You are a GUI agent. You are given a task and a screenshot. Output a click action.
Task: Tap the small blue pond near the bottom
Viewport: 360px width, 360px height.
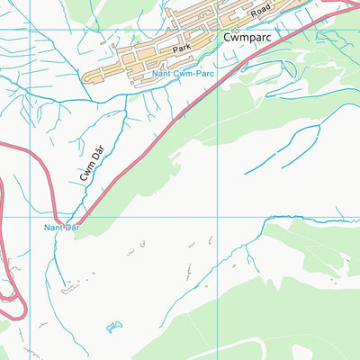pos(113,326)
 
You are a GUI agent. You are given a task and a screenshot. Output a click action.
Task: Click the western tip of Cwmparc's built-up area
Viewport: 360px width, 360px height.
pos(85,78)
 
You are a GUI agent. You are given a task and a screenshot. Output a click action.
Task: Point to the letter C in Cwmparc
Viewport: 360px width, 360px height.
pos(227,37)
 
